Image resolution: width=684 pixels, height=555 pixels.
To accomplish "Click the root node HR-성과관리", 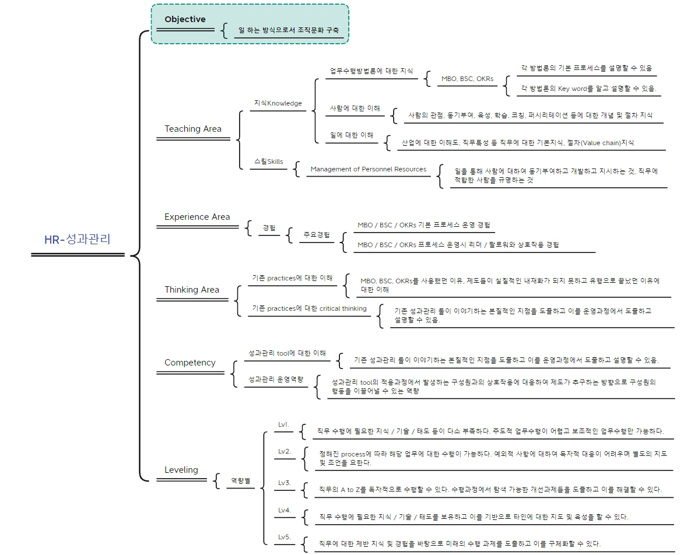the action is point(77,239).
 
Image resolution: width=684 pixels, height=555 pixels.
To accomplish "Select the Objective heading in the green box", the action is point(185,19).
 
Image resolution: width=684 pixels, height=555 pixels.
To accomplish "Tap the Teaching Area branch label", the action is point(193,129).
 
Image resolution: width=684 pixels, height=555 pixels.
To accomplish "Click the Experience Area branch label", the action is point(197,217).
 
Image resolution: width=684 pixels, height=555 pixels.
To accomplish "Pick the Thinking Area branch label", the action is point(192,290).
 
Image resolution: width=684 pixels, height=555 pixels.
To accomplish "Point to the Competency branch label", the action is point(190,362).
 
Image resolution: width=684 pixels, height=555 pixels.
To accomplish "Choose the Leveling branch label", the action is point(181,469).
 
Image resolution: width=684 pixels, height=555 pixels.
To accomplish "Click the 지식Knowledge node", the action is point(278,103).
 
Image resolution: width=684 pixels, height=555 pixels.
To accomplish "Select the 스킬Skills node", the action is point(269,161).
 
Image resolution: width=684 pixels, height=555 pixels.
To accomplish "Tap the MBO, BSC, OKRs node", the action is point(467,79).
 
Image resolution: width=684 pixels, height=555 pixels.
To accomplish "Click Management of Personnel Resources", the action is point(369,169).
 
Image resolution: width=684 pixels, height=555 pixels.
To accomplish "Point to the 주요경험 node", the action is point(317,234).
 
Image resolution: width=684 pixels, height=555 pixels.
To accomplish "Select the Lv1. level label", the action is point(283,424).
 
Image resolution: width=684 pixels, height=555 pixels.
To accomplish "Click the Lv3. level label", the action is point(285,483).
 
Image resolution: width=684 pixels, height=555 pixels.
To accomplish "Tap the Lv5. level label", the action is point(285,537).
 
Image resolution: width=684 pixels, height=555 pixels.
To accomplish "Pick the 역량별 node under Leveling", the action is point(241,480).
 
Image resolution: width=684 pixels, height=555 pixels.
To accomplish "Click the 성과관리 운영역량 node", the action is point(276,380).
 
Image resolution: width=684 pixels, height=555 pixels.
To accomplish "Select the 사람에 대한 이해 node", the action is point(355,108).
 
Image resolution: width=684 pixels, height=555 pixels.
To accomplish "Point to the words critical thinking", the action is point(343,308).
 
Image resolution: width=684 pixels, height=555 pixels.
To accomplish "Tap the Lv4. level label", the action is point(285,510).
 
